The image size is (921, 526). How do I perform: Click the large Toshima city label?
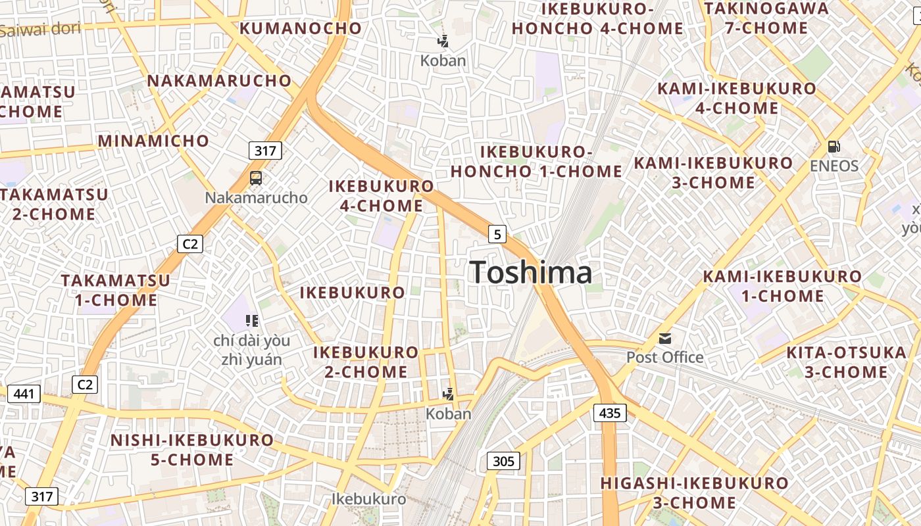tap(531, 273)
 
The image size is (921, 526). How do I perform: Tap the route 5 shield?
tap(497, 233)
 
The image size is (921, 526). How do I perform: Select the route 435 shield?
tap(610, 413)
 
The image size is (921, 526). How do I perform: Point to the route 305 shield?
tap(503, 461)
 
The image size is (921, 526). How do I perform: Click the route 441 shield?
tap(24, 394)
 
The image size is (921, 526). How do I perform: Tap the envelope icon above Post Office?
tap(665, 339)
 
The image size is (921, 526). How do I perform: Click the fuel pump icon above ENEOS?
tap(834, 146)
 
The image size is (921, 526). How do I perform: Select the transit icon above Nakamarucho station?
tap(256, 178)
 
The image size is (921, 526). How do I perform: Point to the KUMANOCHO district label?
tap(301, 28)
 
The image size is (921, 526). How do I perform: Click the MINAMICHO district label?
tap(153, 141)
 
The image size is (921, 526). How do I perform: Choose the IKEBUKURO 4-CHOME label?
tap(381, 196)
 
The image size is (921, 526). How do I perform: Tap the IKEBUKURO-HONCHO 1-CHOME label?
tap(536, 162)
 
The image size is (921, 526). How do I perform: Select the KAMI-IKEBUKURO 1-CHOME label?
tap(782, 286)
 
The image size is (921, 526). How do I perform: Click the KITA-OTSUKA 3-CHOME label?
tap(846, 362)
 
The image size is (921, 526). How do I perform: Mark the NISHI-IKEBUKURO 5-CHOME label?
tap(192, 450)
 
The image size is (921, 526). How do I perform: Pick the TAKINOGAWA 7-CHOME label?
tap(766, 18)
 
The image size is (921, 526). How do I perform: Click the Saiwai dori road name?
tap(39, 29)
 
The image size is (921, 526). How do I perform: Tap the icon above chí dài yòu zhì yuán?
tap(251, 321)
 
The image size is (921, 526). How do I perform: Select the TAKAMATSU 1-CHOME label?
tap(116, 290)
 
